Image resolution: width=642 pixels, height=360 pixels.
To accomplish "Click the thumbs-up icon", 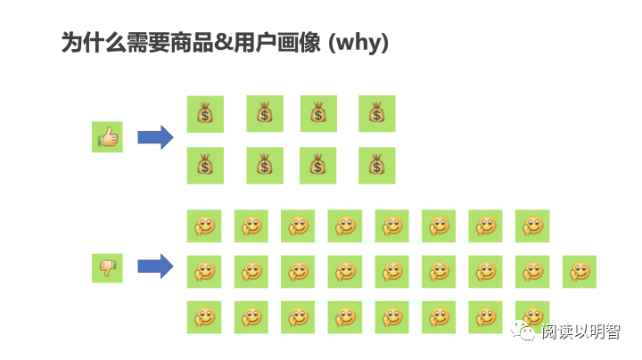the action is (107, 137).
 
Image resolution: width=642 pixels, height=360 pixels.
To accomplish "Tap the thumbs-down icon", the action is (107, 267).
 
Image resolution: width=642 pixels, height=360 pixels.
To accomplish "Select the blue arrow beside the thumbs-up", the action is (155, 137).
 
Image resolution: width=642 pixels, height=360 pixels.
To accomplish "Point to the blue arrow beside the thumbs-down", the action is (155, 266).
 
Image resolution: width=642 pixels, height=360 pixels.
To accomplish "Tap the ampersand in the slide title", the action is (226, 43).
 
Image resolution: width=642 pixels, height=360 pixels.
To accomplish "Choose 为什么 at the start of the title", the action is (93, 43).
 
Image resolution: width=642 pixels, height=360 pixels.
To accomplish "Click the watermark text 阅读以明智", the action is (580, 331).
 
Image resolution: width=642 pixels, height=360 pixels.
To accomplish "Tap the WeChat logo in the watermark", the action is (525, 331).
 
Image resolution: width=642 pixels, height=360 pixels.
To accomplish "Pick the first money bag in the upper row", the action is (205, 114).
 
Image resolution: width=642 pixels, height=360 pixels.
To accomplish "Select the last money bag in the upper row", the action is (376, 114).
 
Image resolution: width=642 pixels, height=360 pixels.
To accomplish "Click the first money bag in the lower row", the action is (205, 166).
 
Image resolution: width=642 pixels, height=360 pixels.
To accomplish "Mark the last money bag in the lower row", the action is (376, 166).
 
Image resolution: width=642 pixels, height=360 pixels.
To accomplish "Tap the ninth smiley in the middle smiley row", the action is (580, 271).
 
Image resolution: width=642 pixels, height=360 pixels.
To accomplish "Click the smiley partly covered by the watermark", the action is (532, 315).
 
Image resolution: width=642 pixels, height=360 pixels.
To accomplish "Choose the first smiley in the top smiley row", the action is (204, 226).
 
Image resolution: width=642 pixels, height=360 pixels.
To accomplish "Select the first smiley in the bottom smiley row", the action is (204, 317).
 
